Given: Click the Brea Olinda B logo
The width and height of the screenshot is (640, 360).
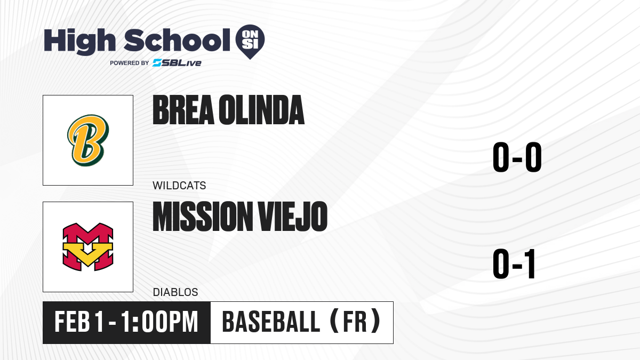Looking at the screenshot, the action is pyautogui.click(x=88, y=140).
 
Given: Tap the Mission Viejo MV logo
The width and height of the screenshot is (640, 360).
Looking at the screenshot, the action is pyautogui.click(x=88, y=247).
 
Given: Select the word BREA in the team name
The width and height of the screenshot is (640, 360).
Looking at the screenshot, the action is pyautogui.click(x=183, y=110).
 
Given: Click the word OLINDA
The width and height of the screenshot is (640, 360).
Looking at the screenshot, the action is pyautogui.click(x=261, y=110).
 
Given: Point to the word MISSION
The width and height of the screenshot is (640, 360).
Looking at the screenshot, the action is pyautogui.click(x=203, y=216).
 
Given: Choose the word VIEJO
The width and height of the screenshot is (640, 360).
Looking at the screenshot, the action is pyautogui.click(x=293, y=216).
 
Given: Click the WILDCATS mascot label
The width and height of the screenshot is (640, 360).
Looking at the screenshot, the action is pyautogui.click(x=179, y=186).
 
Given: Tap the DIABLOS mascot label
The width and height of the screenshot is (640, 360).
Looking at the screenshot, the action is pyautogui.click(x=175, y=292).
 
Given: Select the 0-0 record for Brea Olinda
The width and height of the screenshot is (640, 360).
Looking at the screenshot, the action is pyautogui.click(x=517, y=157).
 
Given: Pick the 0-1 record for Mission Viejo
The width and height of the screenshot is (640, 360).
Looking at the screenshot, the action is pyautogui.click(x=514, y=263).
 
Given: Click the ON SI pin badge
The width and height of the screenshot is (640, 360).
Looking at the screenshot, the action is pyautogui.click(x=250, y=42).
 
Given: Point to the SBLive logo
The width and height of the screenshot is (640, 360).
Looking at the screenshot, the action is pyautogui.click(x=177, y=63).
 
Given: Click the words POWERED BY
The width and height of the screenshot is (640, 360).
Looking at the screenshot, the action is pyautogui.click(x=129, y=63).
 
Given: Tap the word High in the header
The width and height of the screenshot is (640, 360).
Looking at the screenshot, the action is pyautogui.click(x=79, y=41).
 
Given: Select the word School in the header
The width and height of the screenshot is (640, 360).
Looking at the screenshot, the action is pyautogui.click(x=177, y=40).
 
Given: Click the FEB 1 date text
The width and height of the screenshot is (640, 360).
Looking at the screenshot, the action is pyautogui.click(x=79, y=322).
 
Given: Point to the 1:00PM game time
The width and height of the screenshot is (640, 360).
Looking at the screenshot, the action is pyautogui.click(x=159, y=322).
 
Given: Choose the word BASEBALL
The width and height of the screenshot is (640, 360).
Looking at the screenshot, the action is pyautogui.click(x=271, y=322).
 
